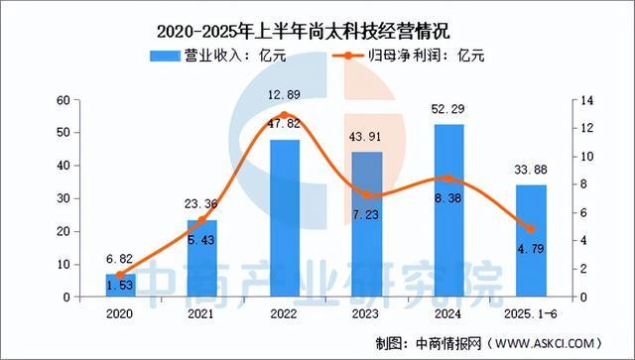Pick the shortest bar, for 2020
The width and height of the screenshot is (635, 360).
[119, 286]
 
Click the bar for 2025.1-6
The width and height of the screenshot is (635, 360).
[531, 241]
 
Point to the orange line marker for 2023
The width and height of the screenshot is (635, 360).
[367, 195]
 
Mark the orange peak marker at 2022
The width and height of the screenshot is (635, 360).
[285, 116]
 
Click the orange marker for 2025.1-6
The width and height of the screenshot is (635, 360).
[531, 229]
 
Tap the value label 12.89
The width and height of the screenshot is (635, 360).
[285, 95]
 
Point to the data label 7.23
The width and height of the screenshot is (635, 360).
[367, 214]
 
